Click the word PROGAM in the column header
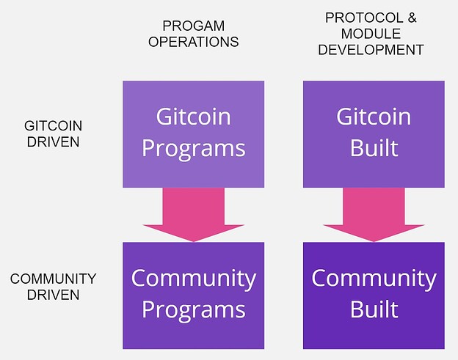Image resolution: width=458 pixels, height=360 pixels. tap(193, 26)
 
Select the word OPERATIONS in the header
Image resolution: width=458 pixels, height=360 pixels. tap(193, 42)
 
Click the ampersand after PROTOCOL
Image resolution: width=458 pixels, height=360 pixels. tap(412, 18)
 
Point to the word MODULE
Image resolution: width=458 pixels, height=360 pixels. tap(371, 34)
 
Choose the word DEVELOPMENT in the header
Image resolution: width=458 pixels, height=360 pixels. tap(371, 50)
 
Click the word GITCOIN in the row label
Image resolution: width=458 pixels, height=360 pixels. tap(53, 125)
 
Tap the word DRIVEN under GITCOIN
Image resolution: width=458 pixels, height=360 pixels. tap(53, 142)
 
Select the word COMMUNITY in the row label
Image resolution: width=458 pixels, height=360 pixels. tap(53, 279)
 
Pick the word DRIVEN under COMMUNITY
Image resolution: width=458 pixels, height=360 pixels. tap(53, 295)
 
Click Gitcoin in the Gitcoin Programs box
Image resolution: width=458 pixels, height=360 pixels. tap(193, 117)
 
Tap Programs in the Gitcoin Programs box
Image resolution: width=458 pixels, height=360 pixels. tap(193, 149)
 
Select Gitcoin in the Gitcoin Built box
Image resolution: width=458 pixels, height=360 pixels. tap(374, 117)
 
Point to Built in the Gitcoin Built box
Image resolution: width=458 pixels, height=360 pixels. tap(374, 147)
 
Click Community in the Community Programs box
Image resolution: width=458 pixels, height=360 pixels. tap(193, 279)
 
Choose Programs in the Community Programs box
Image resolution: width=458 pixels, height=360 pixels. tap(193, 310)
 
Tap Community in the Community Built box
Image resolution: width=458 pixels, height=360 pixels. tap(374, 279)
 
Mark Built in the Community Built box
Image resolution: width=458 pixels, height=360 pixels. tap(374, 309)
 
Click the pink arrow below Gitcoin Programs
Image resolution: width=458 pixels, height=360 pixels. tap(193, 215)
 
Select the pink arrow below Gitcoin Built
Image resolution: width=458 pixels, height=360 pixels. tap(374, 215)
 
